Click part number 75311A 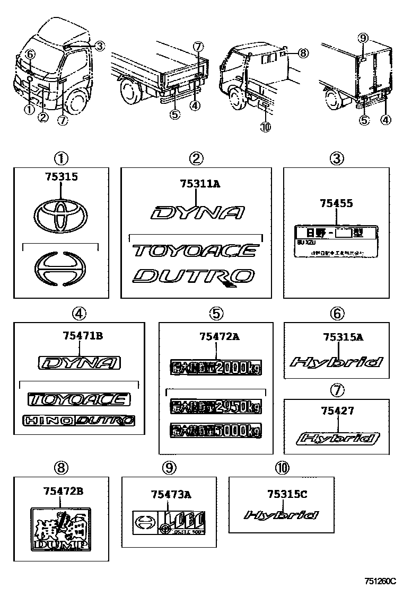pos(196,184)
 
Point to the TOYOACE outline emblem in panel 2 pos(195,250)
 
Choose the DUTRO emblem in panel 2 pos(194,276)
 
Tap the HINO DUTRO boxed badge pos(78,421)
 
